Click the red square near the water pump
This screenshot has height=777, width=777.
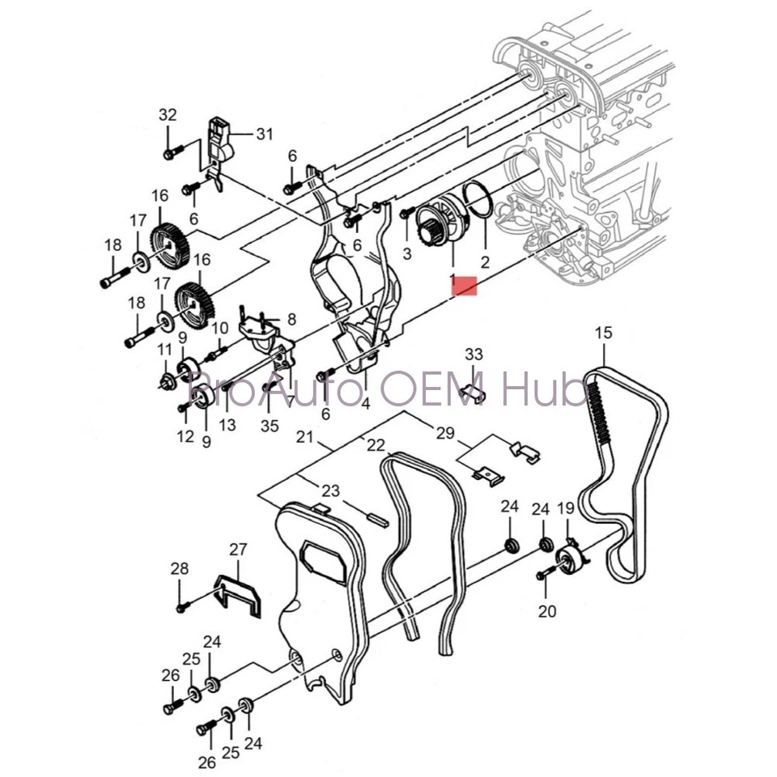click(x=465, y=284)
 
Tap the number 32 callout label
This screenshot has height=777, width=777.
click(x=167, y=115)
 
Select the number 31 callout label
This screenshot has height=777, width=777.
click(x=265, y=134)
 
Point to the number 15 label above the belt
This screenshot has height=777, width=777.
click(x=604, y=333)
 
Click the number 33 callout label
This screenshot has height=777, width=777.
click(x=473, y=354)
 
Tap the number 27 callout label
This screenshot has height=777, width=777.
click(x=237, y=550)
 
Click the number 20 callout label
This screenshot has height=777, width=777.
click(x=547, y=611)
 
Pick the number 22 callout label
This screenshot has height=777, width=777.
click(x=376, y=444)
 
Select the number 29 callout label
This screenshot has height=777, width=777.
click(x=445, y=434)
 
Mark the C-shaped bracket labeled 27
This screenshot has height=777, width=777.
click(x=241, y=595)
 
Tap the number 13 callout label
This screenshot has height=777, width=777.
click(x=227, y=424)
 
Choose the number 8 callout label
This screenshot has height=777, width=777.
click(x=291, y=319)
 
